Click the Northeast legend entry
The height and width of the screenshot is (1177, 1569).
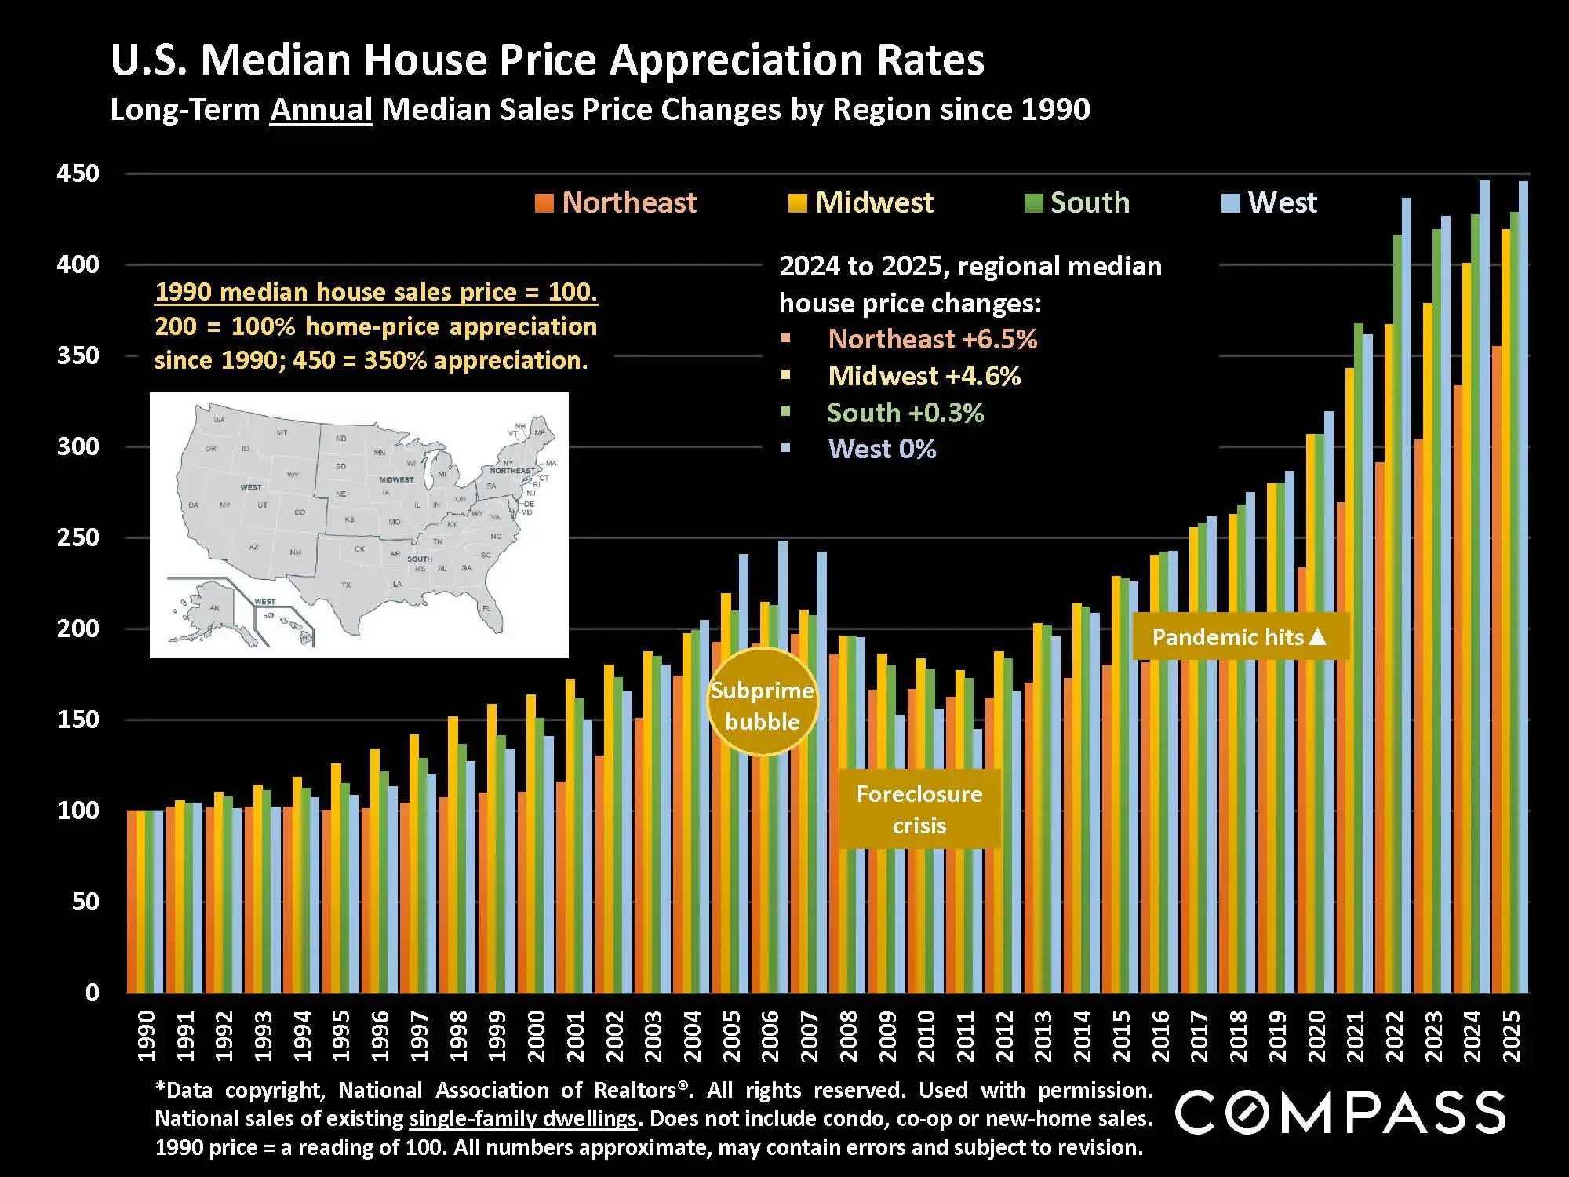[616, 203]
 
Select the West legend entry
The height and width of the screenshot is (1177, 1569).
[1270, 203]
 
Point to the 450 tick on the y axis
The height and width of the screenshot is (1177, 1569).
[78, 174]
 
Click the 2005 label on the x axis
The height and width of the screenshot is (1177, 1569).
[731, 1036]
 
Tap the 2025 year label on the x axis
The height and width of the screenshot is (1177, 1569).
[1511, 1036]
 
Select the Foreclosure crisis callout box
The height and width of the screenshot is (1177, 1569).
[919, 809]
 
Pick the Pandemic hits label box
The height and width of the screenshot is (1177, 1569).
[1240, 636]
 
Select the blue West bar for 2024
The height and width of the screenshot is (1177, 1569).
[1484, 588]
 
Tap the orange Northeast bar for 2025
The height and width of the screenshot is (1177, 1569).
[1497, 667]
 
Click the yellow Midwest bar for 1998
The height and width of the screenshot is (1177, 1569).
[453, 855]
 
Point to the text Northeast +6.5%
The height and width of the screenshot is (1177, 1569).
[932, 340]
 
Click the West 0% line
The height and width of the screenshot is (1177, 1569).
[882, 450]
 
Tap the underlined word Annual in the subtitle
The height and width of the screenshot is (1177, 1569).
[321, 110]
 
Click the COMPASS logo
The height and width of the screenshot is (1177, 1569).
[1340, 1112]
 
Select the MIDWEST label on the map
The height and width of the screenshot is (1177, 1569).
[396, 479]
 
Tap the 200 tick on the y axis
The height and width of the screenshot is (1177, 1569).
[78, 629]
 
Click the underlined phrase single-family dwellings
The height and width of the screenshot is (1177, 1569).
[522, 1119]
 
